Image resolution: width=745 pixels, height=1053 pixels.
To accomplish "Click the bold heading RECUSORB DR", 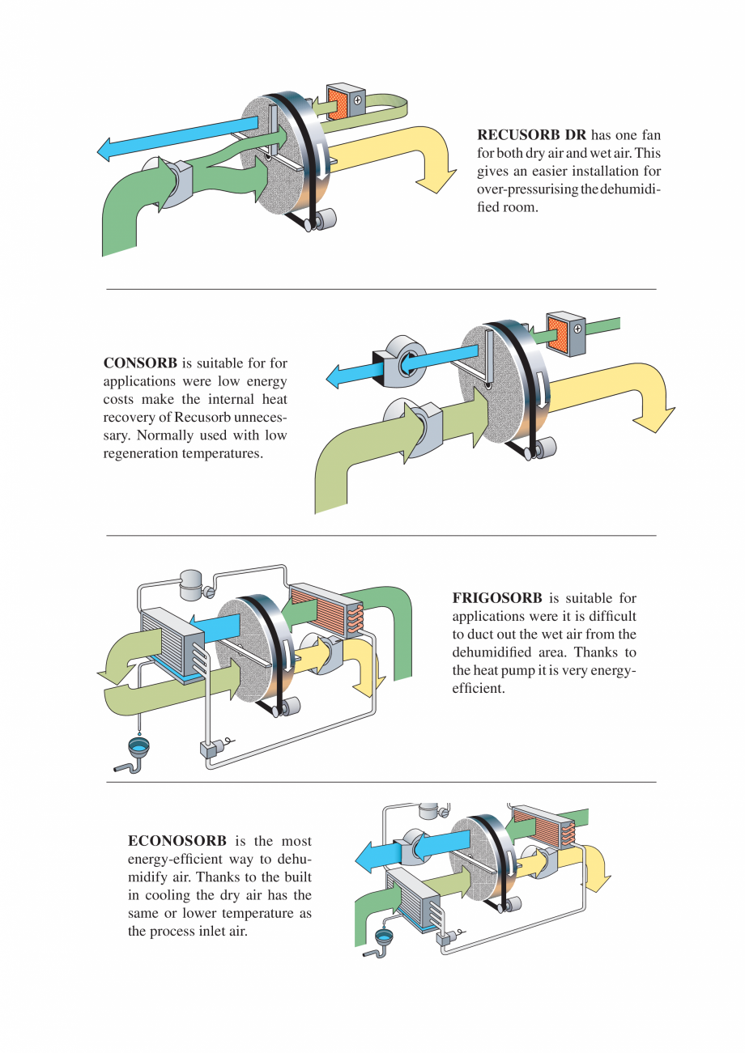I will (x=531, y=135).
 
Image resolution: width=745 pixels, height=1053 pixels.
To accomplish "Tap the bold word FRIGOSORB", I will (x=497, y=599).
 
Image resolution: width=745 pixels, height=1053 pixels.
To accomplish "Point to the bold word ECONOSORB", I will (x=177, y=842).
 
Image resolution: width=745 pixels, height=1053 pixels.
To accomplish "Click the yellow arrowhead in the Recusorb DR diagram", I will (x=436, y=180).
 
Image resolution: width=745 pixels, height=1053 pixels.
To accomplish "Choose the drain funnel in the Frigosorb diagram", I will (x=139, y=746).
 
